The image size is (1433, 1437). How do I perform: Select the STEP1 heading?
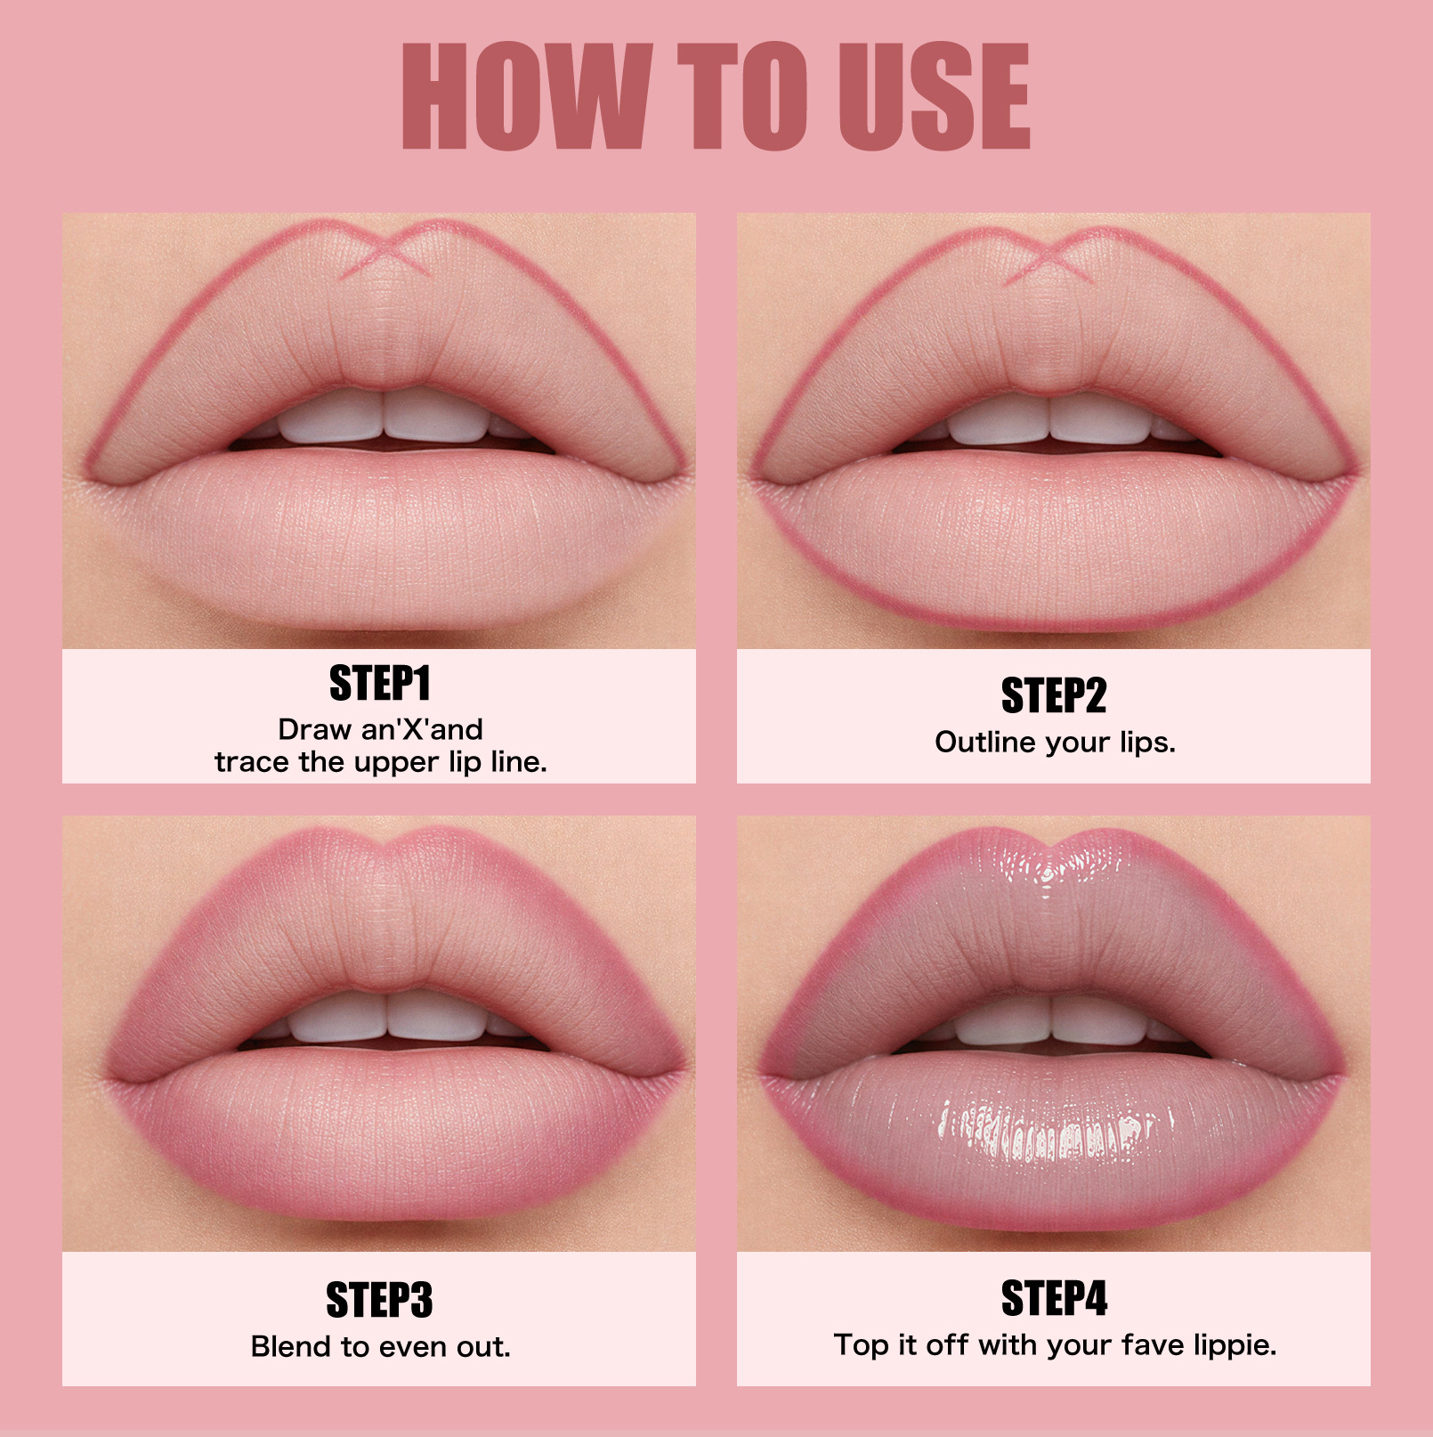379,684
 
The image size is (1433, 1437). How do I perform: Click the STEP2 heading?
1054,695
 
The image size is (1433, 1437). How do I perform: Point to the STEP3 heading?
379,1300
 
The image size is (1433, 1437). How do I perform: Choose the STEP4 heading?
1054,1298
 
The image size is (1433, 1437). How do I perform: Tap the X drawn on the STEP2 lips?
1052,256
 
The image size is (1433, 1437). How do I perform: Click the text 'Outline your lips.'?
1055,743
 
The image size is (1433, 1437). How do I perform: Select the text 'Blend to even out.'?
380,1346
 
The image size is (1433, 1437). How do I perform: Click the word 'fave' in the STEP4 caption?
1152,1344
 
